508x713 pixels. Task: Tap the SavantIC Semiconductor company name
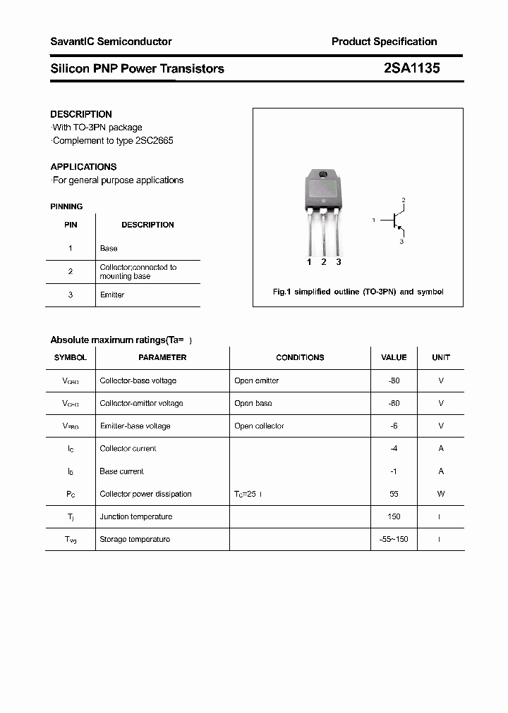click(x=111, y=42)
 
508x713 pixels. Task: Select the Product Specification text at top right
click(x=384, y=42)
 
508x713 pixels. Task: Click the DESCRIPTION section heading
click(x=81, y=114)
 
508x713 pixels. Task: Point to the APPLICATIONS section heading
click(x=83, y=167)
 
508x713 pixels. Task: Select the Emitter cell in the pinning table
click(x=112, y=294)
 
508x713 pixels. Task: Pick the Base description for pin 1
click(x=109, y=249)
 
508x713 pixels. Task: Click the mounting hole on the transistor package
click(x=323, y=175)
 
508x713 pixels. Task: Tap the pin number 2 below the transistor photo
click(x=323, y=262)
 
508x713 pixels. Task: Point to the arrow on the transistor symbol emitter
click(x=399, y=228)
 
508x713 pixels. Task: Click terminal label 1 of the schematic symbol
click(x=373, y=221)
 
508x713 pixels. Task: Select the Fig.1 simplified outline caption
click(x=358, y=292)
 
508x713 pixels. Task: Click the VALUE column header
click(x=394, y=357)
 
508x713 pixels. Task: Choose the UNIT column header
click(x=441, y=357)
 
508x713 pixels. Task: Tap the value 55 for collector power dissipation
click(x=394, y=494)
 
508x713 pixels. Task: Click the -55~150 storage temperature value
click(x=394, y=539)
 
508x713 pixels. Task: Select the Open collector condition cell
click(x=259, y=426)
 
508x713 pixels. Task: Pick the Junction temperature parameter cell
click(x=136, y=516)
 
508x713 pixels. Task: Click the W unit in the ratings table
click(x=441, y=494)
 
